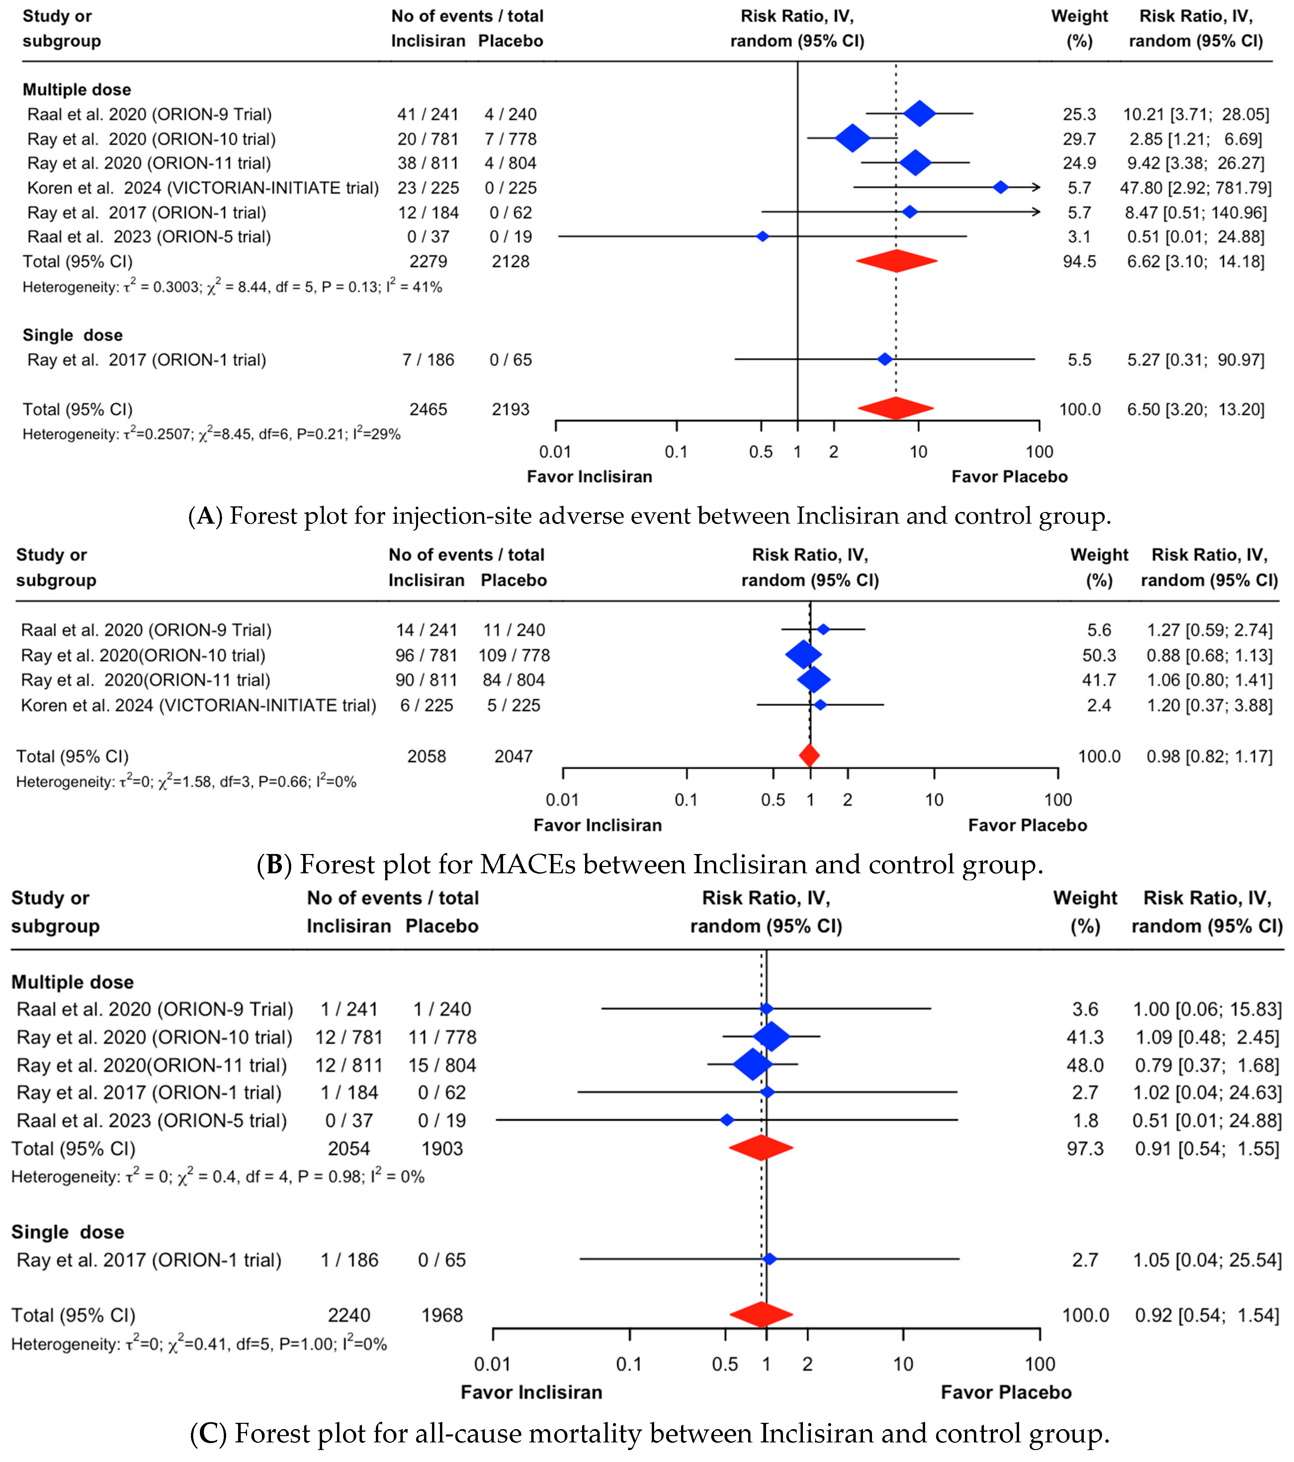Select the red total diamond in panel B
[x=809, y=755]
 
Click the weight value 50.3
[x=1099, y=655]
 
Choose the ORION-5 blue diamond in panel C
[x=727, y=1120]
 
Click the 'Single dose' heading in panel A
[x=72, y=335]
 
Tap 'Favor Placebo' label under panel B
[x=1027, y=825]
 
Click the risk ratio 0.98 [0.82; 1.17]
[x=1209, y=756]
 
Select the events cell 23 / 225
[x=428, y=188]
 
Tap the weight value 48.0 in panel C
[x=1084, y=1065]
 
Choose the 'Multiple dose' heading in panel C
[x=72, y=982]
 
